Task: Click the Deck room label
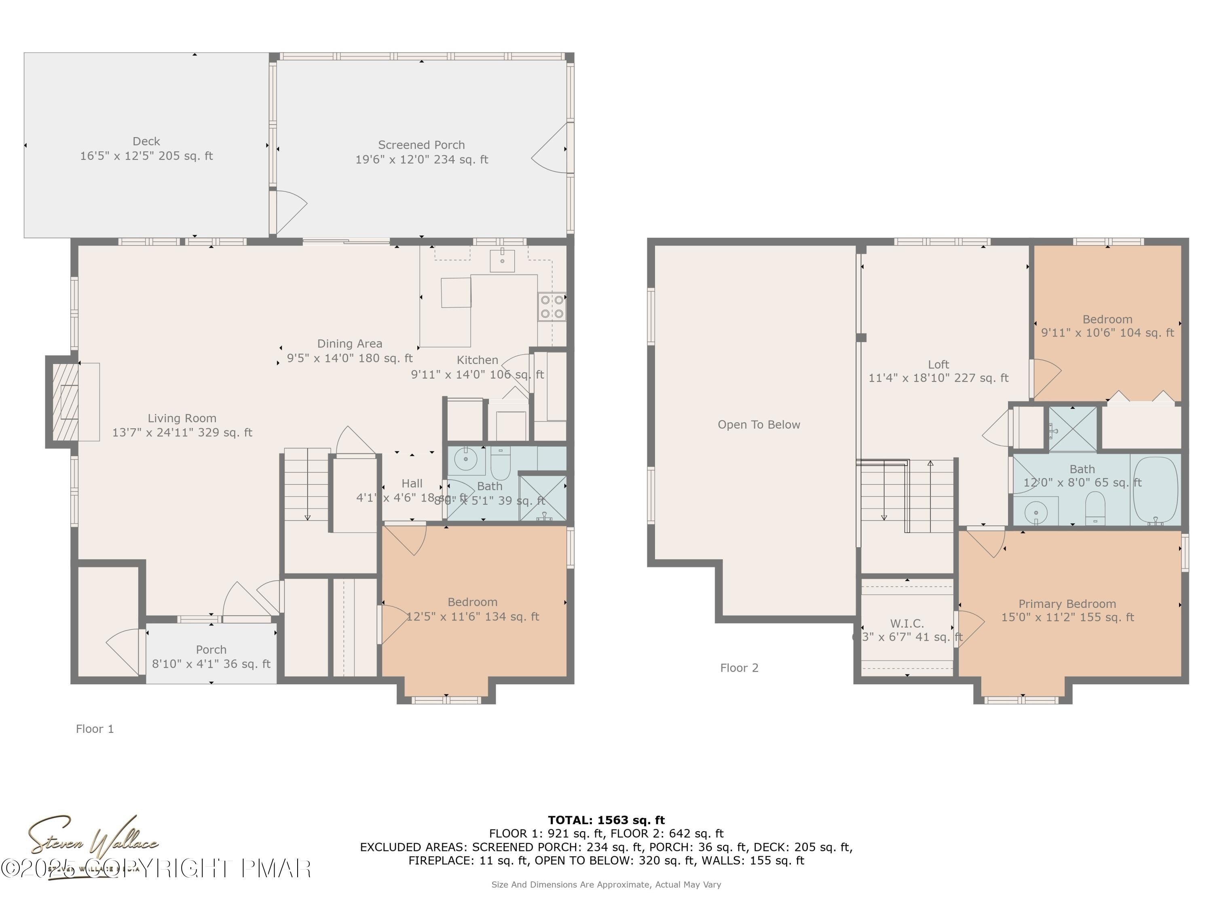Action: tap(146, 142)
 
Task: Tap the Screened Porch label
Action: tap(421, 145)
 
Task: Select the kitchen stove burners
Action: tap(552, 307)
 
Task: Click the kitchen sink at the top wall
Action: tap(502, 260)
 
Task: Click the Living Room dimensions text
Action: tap(182, 433)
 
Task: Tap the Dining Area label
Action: tap(349, 344)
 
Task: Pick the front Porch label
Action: tap(211, 650)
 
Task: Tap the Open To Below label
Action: tap(759, 425)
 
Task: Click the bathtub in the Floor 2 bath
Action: tap(1155, 490)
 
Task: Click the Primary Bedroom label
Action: tap(1067, 604)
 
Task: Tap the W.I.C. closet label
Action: tap(907, 624)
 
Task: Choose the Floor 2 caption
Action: tap(739, 668)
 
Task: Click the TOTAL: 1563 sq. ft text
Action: tap(606, 820)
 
